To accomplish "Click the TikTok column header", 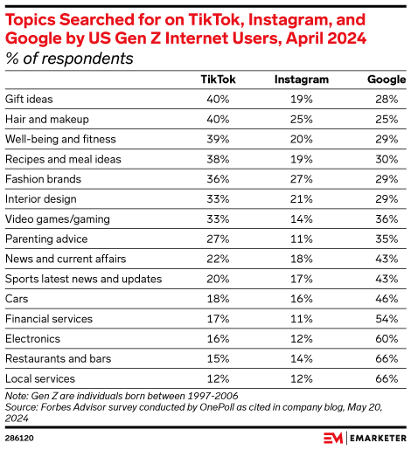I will pyautogui.click(x=219, y=80).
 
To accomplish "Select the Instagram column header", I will pyautogui.click(x=302, y=80).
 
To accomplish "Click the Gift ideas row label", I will pyautogui.click(x=30, y=99).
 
